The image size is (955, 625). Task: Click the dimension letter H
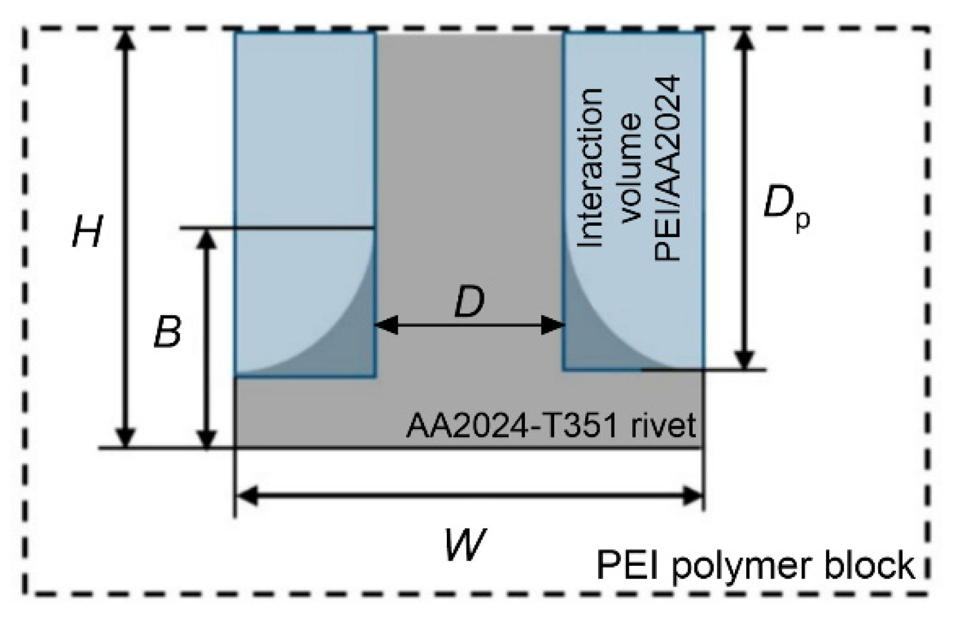click(x=86, y=232)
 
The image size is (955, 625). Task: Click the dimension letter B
click(x=167, y=332)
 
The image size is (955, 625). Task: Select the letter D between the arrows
click(x=469, y=303)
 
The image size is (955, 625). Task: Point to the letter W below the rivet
click(x=465, y=544)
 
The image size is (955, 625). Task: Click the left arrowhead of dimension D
click(x=384, y=325)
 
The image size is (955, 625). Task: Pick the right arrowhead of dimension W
click(x=694, y=495)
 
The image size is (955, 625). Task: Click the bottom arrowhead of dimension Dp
click(x=743, y=360)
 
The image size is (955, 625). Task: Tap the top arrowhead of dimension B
click(x=206, y=238)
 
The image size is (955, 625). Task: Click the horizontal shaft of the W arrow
click(x=469, y=495)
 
